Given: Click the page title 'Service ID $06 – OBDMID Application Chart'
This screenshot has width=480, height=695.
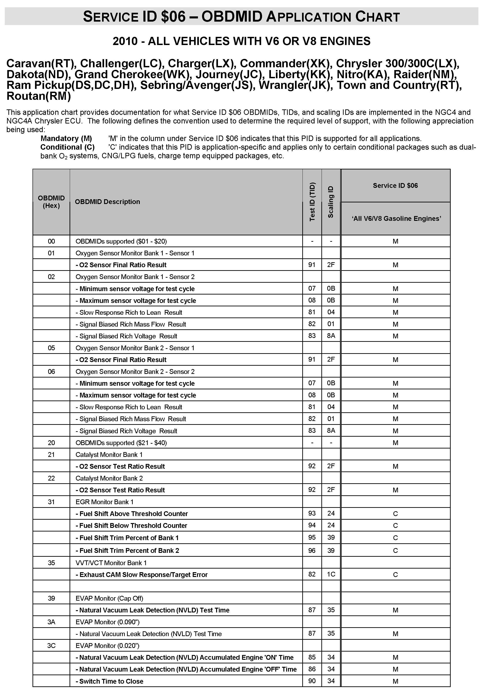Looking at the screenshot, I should (x=241, y=17).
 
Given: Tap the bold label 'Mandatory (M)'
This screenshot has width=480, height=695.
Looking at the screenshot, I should (x=66, y=138).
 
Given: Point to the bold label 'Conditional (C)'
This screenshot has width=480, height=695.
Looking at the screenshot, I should (x=67, y=147).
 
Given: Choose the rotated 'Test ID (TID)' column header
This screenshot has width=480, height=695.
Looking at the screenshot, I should (x=312, y=202).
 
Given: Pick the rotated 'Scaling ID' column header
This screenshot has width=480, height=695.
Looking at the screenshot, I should (x=331, y=202).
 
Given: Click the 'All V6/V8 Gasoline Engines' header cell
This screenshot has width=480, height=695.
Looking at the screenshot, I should (x=395, y=219).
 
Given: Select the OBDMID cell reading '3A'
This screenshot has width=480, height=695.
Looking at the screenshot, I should (x=51, y=622).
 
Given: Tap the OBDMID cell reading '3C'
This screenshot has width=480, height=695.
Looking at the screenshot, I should (x=51, y=645).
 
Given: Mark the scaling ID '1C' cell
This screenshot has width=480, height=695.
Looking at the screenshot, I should (x=331, y=574).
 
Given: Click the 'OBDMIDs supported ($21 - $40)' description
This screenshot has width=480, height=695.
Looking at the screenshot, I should (x=121, y=443).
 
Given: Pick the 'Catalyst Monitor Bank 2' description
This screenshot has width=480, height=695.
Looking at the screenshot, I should (x=109, y=478).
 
